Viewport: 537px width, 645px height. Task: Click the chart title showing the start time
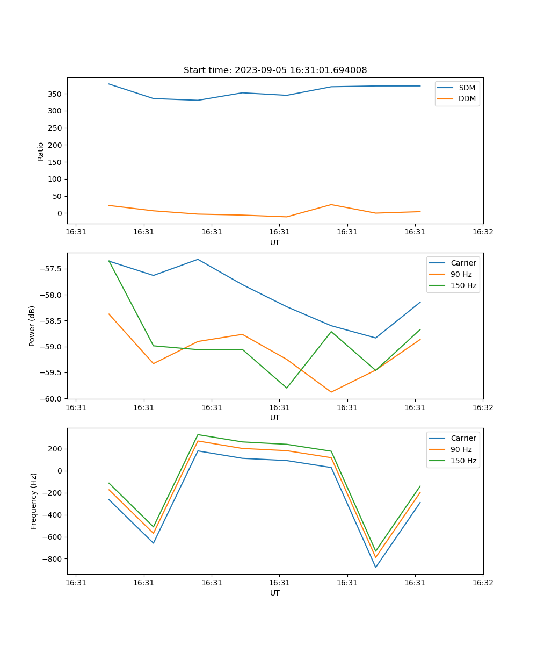tap(275, 70)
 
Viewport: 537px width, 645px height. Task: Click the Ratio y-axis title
tap(41, 151)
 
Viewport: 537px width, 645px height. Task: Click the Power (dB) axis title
tap(32, 326)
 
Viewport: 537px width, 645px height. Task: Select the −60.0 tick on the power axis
tap(53, 399)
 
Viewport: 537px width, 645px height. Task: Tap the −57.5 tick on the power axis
tap(53, 269)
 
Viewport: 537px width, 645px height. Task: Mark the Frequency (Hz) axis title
tap(34, 501)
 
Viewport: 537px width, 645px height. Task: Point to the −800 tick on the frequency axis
tap(53, 559)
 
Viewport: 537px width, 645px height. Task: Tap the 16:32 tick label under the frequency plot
tap(483, 582)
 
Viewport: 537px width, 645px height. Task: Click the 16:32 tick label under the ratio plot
tap(483, 232)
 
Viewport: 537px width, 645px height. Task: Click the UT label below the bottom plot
tap(275, 593)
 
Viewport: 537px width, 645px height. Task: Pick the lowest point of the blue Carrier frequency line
tap(375, 567)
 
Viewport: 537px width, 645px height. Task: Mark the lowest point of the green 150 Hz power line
tap(287, 388)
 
